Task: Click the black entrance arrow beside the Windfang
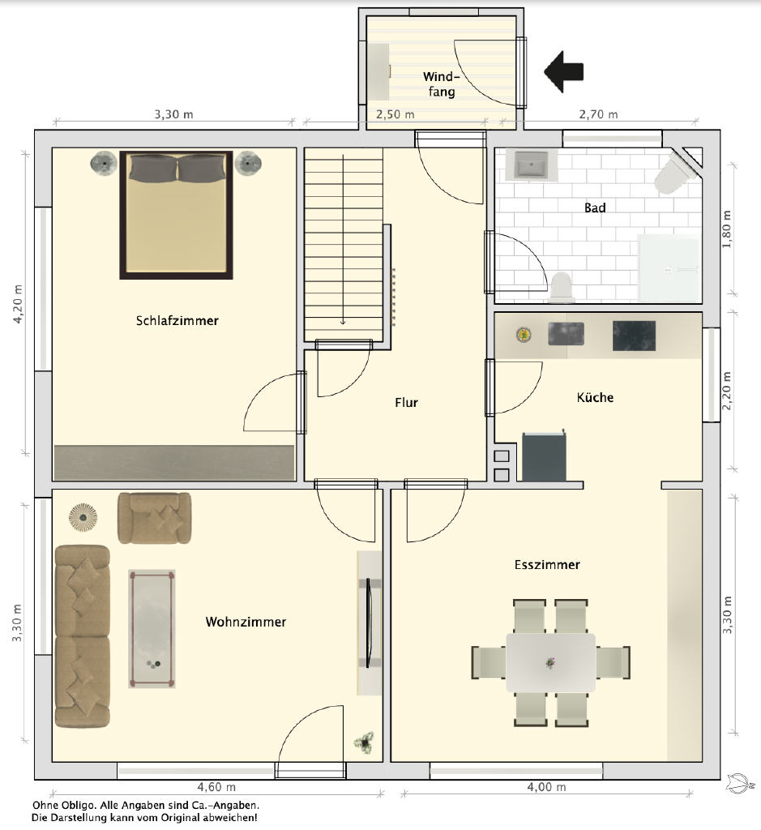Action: tap(563, 71)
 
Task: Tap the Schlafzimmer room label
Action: tap(177, 321)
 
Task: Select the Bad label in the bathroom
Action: tap(595, 208)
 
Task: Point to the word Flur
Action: tap(406, 402)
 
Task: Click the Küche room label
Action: tap(596, 397)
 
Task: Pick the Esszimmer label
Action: tap(547, 565)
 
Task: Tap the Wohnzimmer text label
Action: tap(246, 622)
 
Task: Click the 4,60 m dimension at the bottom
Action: tap(216, 787)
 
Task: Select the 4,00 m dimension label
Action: tap(547, 787)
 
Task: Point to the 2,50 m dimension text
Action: tap(395, 114)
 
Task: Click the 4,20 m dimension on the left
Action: tap(19, 304)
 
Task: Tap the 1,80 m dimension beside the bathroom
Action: tap(727, 229)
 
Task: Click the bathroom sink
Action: tap(532, 165)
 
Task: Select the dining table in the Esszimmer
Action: tap(550, 663)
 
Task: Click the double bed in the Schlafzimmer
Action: tap(176, 215)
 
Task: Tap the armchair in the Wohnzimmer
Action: tap(154, 518)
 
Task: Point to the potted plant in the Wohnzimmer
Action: tap(364, 742)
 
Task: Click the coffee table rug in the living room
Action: tap(152, 629)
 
